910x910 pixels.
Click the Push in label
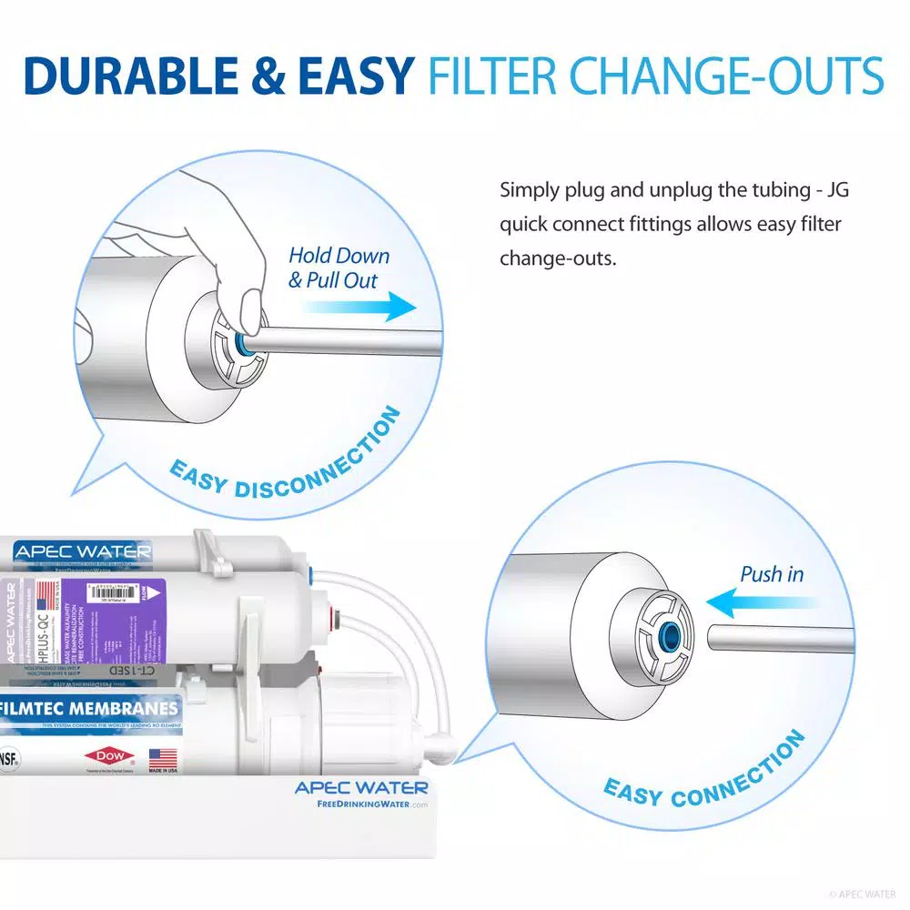click(x=772, y=574)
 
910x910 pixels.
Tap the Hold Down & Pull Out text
click(x=338, y=268)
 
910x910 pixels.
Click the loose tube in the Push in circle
click(x=778, y=637)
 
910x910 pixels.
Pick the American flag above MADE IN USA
click(x=162, y=756)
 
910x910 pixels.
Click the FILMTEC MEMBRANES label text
click(x=89, y=709)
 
